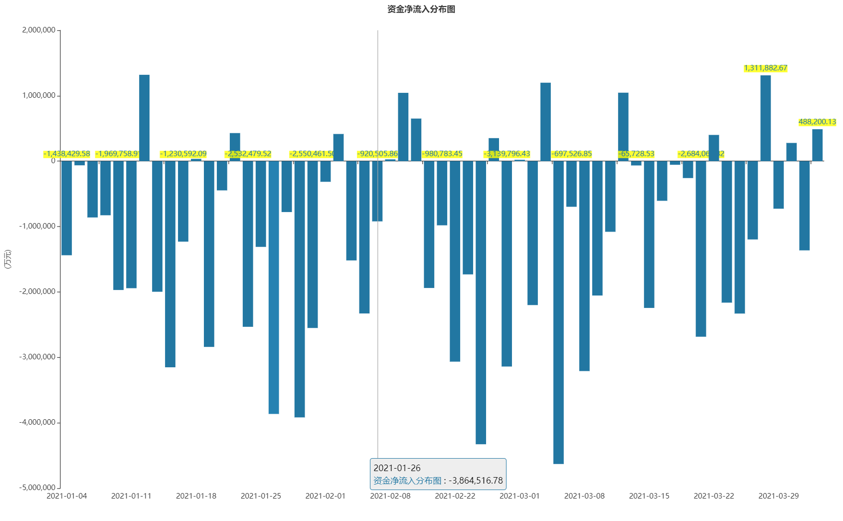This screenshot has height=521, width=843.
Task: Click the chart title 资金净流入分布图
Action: [x=421, y=9]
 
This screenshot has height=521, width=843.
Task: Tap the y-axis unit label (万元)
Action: [x=7, y=259]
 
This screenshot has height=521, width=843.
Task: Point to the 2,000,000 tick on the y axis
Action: [x=39, y=30]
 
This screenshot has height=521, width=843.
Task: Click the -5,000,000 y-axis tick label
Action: [x=37, y=488]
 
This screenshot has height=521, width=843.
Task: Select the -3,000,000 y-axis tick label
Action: [x=37, y=357]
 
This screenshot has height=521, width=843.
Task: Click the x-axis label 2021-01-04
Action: [x=67, y=496]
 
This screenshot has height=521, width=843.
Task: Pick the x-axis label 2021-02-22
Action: [x=455, y=496]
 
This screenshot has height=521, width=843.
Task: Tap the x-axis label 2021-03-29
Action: [x=779, y=496]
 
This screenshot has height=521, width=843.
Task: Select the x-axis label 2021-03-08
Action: [x=584, y=496]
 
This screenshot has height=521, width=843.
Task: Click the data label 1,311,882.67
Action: [x=766, y=68]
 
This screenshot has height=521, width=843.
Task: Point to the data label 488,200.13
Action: [x=817, y=122]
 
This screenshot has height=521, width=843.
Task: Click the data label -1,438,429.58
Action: [x=67, y=154]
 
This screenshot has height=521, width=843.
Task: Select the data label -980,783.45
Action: [x=442, y=154]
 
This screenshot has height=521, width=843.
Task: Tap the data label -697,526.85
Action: [x=572, y=154]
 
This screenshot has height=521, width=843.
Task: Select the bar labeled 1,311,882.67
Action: [x=766, y=118]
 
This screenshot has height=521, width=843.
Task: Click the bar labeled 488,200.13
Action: [x=818, y=145]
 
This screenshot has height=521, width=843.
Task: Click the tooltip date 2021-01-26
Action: [x=397, y=468]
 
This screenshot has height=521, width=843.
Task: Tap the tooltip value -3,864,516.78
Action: [x=476, y=481]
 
